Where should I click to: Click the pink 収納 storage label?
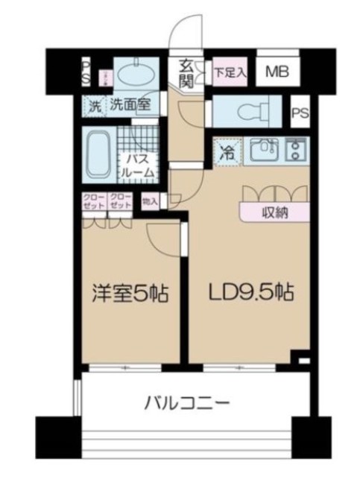click(274, 212)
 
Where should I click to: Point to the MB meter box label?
click(279, 73)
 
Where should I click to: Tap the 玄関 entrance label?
click(186, 73)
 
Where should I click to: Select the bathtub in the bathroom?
click(97, 154)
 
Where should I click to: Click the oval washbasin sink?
click(137, 75)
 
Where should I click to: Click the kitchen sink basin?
click(262, 152)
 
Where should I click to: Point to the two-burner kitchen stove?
click(296, 151)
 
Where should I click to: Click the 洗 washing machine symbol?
click(94, 106)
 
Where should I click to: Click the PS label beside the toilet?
click(300, 113)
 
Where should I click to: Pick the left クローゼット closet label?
click(93, 200)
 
